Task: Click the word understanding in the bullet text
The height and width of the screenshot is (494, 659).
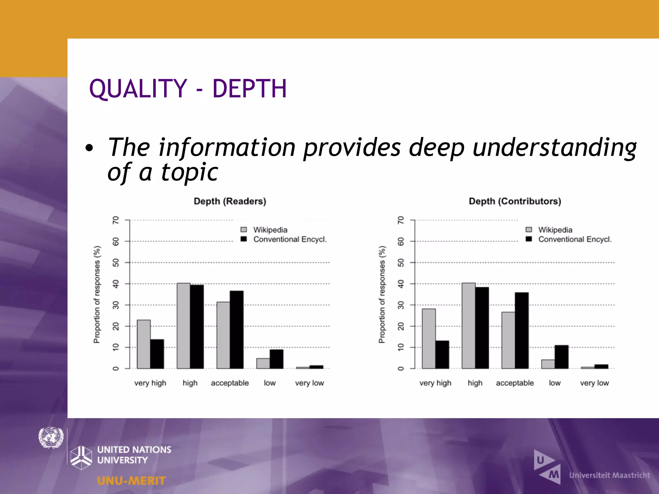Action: (554, 147)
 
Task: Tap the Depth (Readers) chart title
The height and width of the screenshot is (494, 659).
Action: (230, 201)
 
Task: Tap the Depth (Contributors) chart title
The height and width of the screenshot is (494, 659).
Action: (515, 201)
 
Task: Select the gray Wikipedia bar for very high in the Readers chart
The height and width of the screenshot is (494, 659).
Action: (144, 344)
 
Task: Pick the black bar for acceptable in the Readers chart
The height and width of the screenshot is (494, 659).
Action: (237, 330)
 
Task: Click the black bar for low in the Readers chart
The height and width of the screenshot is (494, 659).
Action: (276, 359)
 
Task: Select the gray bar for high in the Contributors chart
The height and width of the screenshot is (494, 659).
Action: (469, 325)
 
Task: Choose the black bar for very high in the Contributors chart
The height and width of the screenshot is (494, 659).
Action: (442, 354)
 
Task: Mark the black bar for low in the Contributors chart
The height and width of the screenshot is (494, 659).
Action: (562, 357)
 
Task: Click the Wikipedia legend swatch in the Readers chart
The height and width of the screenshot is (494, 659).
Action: (244, 230)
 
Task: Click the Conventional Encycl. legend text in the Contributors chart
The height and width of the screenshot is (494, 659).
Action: (575, 239)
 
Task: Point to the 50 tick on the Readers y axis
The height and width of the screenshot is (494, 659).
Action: (116, 263)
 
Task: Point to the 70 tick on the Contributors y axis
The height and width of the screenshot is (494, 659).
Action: (401, 220)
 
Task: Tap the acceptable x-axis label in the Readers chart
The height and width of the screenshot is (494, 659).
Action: (230, 383)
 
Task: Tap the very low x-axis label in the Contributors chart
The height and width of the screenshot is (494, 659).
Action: (594, 383)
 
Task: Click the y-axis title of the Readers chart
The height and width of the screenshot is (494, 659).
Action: (97, 294)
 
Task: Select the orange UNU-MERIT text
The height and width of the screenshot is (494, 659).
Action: (131, 481)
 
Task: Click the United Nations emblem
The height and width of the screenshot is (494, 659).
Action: (51, 438)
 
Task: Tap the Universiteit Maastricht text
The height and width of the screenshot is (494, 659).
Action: (609, 475)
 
